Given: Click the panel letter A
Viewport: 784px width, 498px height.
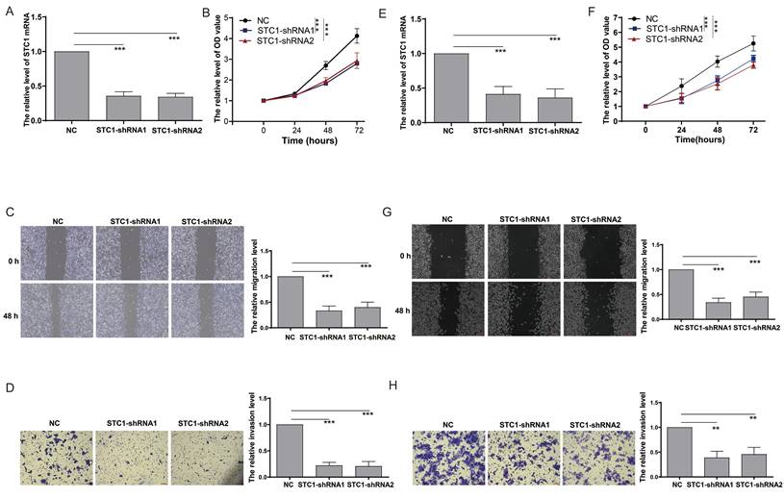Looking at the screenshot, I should click(x=9, y=14).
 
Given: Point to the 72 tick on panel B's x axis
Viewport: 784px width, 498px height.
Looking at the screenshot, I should click(x=357, y=128).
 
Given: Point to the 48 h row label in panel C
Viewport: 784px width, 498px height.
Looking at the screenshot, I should click(x=13, y=310).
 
